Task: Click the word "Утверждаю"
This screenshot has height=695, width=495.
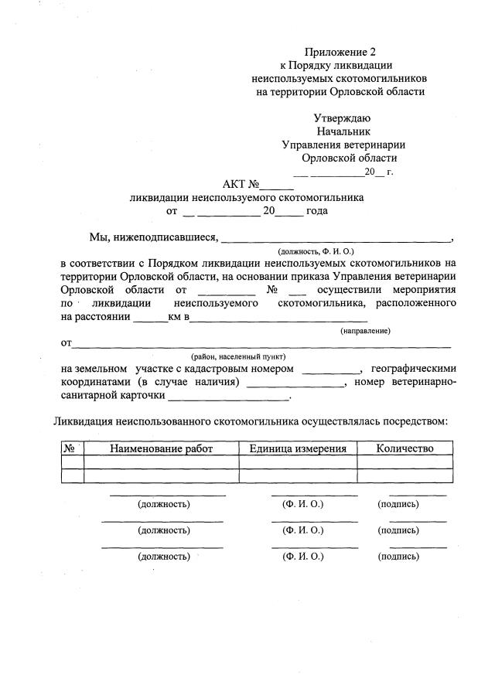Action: pos(342,118)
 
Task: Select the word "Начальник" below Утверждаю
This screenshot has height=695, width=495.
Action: pos(343,131)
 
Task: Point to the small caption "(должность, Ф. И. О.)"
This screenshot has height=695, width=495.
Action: pos(316,252)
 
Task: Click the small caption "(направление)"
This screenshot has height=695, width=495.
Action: pos(365,331)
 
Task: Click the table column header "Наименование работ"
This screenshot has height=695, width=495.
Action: pos(161,448)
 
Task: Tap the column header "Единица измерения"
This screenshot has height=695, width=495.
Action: pos(298,448)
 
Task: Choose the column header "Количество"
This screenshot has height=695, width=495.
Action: pos(405,448)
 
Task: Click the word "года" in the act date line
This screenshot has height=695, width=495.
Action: pos(317,210)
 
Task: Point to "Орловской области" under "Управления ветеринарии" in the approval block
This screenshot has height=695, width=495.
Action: pos(343,158)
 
